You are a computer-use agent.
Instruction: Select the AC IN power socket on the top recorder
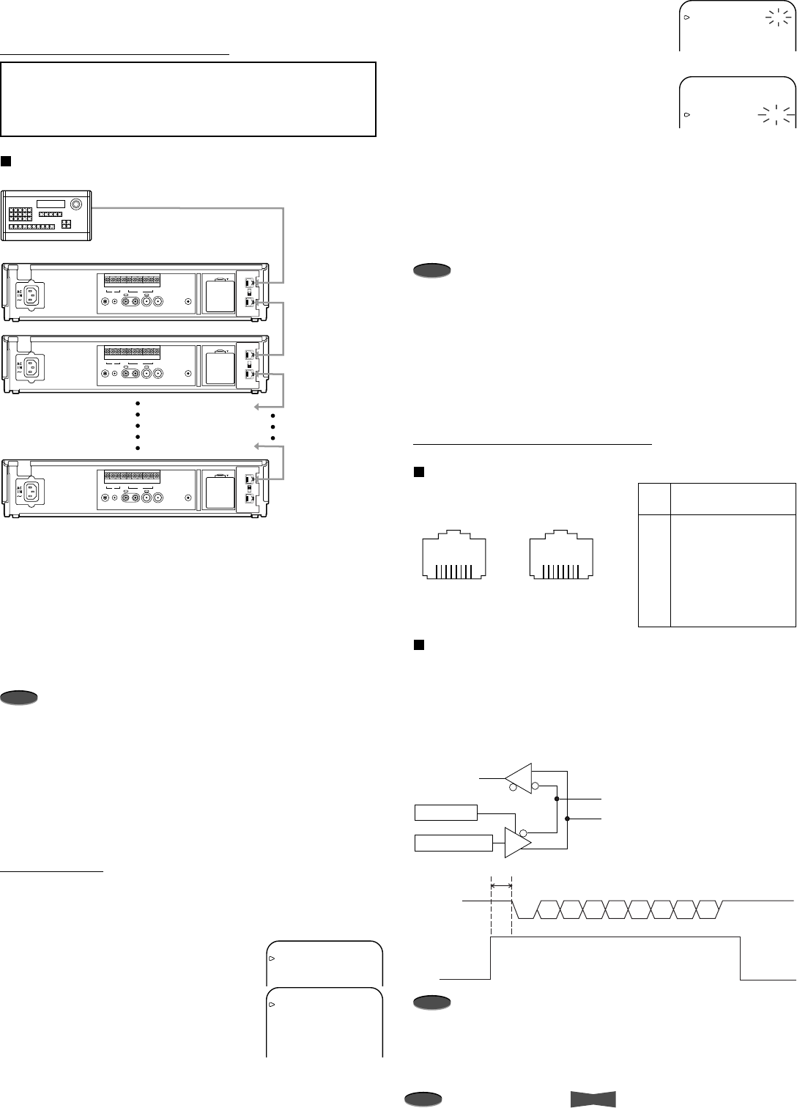(31, 295)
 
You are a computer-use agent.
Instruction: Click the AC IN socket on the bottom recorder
(31, 490)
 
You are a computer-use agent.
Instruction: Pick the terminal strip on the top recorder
(132, 281)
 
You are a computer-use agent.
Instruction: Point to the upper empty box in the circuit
(445, 812)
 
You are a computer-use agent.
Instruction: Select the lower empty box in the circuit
(453, 843)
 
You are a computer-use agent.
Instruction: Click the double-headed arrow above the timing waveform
(501, 886)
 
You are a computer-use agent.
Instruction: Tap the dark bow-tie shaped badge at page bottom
(593, 1098)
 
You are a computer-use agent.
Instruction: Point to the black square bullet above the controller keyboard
(6, 160)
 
